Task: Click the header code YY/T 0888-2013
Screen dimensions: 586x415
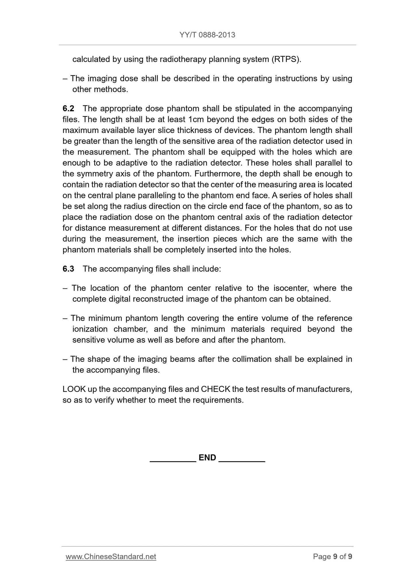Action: [x=207, y=35]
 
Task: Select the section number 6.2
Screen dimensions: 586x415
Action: [x=68, y=109]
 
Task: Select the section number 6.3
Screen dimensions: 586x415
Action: [x=68, y=269]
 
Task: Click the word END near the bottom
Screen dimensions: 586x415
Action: [x=207, y=458]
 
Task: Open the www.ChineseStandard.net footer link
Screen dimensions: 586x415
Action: [x=111, y=556]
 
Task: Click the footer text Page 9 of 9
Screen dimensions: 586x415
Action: [x=333, y=556]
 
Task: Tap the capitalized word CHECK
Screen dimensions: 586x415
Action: [x=215, y=389]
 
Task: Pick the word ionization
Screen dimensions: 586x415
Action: [x=90, y=329]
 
